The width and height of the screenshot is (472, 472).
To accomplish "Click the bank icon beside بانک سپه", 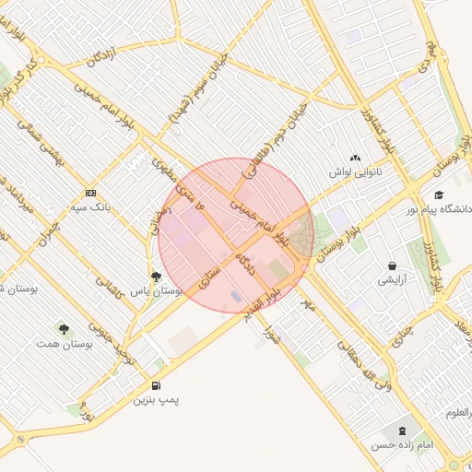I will [90, 193].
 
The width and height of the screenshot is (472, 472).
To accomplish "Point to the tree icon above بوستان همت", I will [64, 328].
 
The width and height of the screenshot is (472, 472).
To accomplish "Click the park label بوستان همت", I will [64, 343].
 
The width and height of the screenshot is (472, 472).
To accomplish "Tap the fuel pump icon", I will [155, 385].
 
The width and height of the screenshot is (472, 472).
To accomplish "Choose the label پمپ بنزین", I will [155, 400].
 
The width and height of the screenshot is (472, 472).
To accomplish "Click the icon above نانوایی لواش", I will [356, 159].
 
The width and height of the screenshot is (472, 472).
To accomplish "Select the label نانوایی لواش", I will [356, 173].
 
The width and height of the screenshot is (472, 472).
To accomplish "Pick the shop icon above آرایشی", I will [392, 265].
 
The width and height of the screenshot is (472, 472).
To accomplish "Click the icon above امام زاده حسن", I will [401, 430].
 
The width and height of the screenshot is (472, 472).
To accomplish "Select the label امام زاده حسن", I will [402, 444].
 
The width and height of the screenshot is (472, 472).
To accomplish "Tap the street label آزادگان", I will [102, 54].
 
